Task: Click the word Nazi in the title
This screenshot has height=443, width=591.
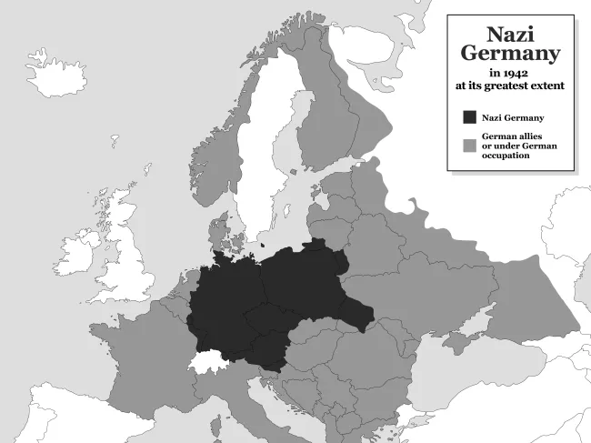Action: pyautogui.click(x=510, y=35)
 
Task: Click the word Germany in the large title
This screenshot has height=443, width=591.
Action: pyautogui.click(x=510, y=55)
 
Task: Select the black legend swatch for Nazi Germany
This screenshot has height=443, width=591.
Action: pyautogui.click(x=469, y=117)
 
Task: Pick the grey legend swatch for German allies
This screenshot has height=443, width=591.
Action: pyautogui.click(x=469, y=146)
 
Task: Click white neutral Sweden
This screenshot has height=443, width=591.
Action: pyautogui.click(x=259, y=155)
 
